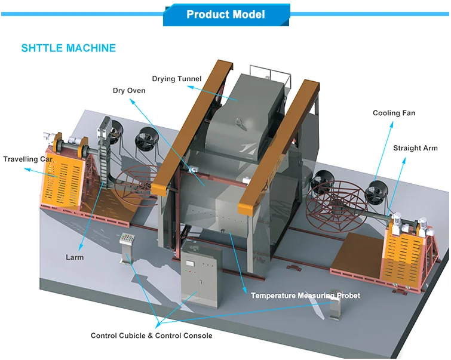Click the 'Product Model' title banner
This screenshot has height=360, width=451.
click(226, 15)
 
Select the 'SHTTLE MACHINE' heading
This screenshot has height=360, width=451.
click(69, 48)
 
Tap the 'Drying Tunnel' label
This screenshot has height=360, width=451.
click(177, 79)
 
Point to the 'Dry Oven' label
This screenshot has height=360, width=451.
click(129, 91)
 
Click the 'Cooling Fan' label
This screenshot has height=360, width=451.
click(394, 113)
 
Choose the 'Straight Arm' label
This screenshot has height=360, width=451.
click(415, 148)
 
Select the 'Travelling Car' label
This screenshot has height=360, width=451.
click(28, 159)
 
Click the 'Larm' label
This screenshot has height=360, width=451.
click(75, 257)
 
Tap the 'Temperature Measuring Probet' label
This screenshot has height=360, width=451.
click(305, 296)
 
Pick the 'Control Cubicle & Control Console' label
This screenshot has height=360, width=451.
click(152, 336)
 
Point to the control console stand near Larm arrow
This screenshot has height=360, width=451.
click(127, 248)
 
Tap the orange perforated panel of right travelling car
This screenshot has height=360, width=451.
click(404, 256)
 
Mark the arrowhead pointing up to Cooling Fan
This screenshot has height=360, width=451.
click(392, 124)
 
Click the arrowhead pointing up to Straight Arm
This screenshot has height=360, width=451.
click(404, 160)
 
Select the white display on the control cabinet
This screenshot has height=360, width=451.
click(190, 263)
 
